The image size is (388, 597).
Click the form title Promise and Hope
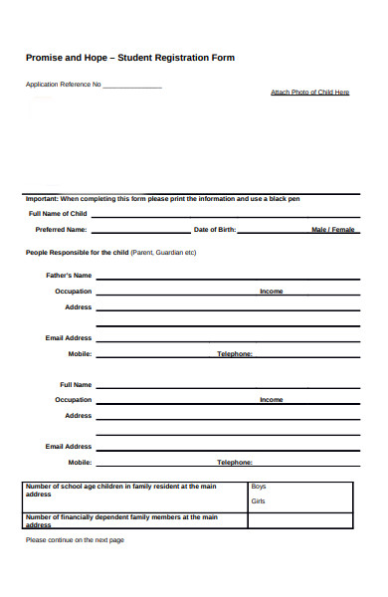click(x=129, y=58)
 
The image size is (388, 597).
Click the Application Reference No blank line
click(x=131, y=87)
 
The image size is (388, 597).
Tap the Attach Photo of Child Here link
click(x=309, y=93)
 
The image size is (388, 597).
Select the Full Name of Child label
click(x=58, y=214)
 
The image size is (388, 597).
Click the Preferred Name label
click(x=62, y=230)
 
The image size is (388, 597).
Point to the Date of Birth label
click(x=215, y=230)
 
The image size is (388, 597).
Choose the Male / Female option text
click(x=332, y=230)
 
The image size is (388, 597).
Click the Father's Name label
click(x=69, y=275)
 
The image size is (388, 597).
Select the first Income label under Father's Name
click(x=271, y=292)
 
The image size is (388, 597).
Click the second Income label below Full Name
click(x=271, y=400)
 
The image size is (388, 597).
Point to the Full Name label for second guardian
click(x=76, y=384)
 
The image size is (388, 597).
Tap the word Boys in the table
click(x=259, y=487)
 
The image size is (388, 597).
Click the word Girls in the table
click(x=259, y=501)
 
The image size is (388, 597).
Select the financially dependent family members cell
click(x=134, y=520)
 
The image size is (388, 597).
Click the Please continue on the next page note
click(x=75, y=540)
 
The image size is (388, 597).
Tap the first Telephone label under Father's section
click(x=235, y=354)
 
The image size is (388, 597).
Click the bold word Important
click(x=42, y=199)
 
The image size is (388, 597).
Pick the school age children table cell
click(x=134, y=490)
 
